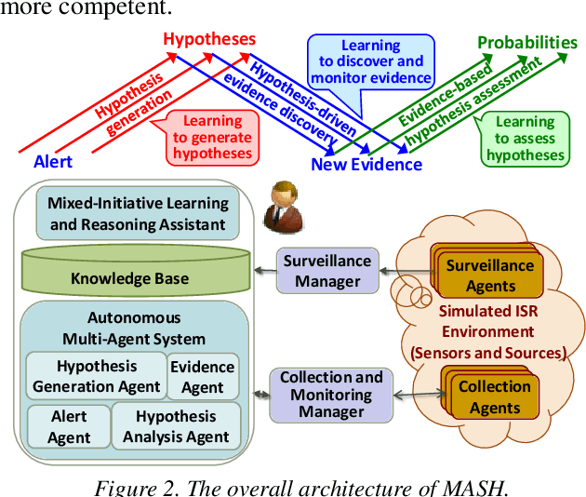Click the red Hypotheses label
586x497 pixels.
click(x=208, y=39)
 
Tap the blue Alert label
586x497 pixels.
click(x=53, y=161)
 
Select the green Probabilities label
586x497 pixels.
click(x=526, y=43)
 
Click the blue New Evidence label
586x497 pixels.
click(x=366, y=165)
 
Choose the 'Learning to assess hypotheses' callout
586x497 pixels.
click(x=525, y=139)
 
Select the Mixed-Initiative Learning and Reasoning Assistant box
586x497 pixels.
click(x=138, y=213)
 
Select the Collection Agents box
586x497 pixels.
click(x=494, y=397)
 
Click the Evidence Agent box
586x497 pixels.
click(x=202, y=377)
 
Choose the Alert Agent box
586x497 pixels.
click(x=70, y=427)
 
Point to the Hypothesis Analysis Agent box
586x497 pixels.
click(x=176, y=427)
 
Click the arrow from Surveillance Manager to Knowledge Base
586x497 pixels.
click(x=263, y=271)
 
